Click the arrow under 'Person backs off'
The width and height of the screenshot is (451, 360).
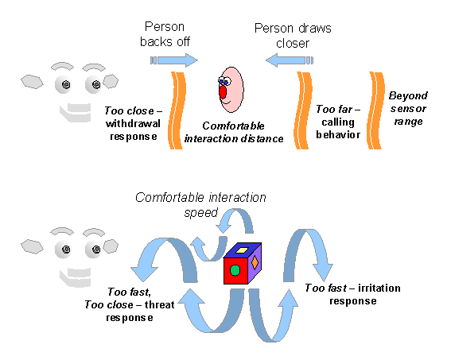[x=174, y=60]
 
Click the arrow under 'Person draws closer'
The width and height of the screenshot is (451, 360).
[x=290, y=60]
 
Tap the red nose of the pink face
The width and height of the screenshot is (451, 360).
[x=223, y=91]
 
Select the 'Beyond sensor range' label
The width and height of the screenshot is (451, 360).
[x=408, y=108]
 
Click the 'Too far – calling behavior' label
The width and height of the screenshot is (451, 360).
[x=338, y=122]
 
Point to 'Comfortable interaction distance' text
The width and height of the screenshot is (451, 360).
[x=234, y=132]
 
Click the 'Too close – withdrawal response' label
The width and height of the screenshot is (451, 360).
[x=133, y=123]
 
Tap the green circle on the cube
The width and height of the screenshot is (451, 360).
[x=235, y=270]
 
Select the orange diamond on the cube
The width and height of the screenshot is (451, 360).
[x=255, y=262]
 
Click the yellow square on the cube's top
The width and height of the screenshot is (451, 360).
[x=242, y=250]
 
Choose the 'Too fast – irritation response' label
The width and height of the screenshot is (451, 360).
[x=352, y=294]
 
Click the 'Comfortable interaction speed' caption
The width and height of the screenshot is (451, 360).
[x=200, y=205]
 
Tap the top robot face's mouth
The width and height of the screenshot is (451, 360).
[x=76, y=112]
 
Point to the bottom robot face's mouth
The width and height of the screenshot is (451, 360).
[x=75, y=277]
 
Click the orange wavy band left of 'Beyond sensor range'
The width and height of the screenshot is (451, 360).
[x=375, y=110]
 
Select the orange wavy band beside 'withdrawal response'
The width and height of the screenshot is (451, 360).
[x=177, y=110]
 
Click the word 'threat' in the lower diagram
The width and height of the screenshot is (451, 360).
[x=160, y=304]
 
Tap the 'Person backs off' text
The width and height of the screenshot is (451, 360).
[x=165, y=34]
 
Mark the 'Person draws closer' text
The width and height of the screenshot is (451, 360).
[x=293, y=36]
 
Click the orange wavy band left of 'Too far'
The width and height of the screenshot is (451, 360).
[x=303, y=110]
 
